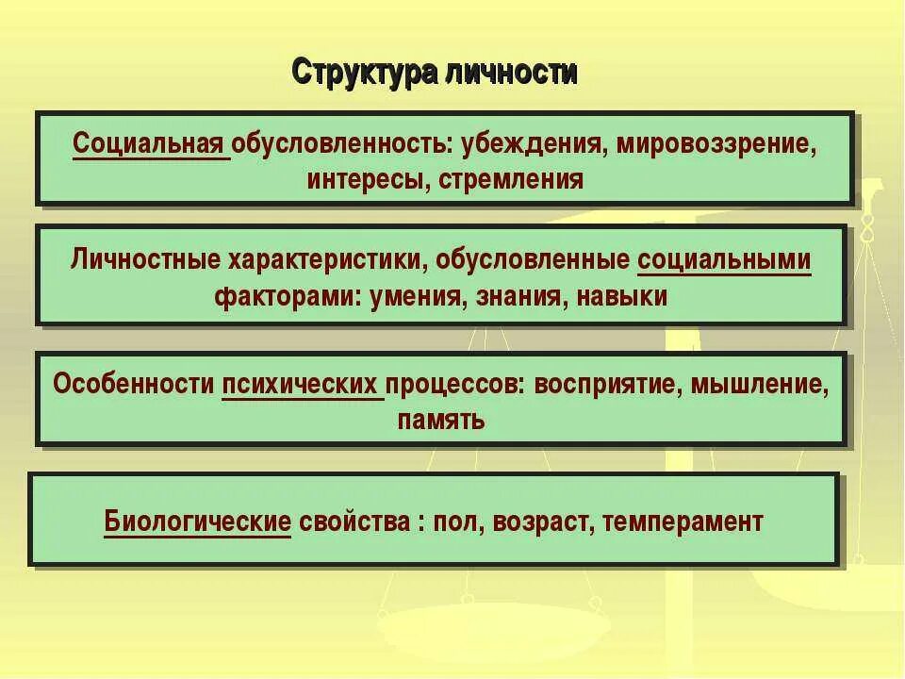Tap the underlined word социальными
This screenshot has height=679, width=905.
(x=724, y=259)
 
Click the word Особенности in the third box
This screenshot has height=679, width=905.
(x=134, y=385)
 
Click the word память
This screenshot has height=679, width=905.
(x=441, y=420)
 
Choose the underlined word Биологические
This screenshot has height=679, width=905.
(x=197, y=522)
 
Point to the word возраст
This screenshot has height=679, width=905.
(x=523, y=522)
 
